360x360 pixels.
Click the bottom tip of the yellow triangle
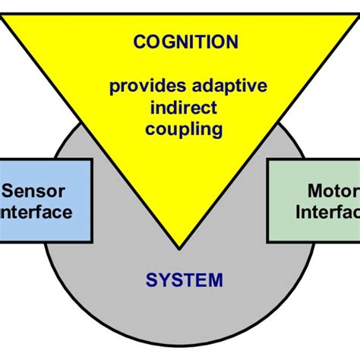click(179, 248)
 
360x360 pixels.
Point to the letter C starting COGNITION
click(139, 43)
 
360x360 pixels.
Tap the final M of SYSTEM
click(217, 280)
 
